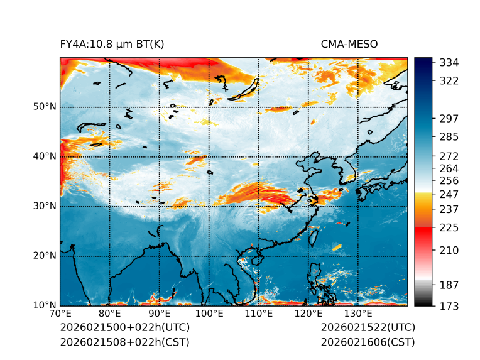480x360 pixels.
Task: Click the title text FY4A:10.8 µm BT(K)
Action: (x=112, y=44)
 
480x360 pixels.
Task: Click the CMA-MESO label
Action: (x=349, y=44)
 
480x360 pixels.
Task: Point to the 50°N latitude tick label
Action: (x=45, y=107)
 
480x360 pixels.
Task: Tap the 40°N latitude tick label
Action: (x=45, y=156)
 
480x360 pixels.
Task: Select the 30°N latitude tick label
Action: (x=45, y=206)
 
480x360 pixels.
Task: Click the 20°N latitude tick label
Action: (x=45, y=256)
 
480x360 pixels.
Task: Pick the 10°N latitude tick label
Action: (x=45, y=305)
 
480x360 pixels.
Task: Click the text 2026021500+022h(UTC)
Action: (x=124, y=328)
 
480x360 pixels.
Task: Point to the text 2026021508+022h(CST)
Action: (x=124, y=342)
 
